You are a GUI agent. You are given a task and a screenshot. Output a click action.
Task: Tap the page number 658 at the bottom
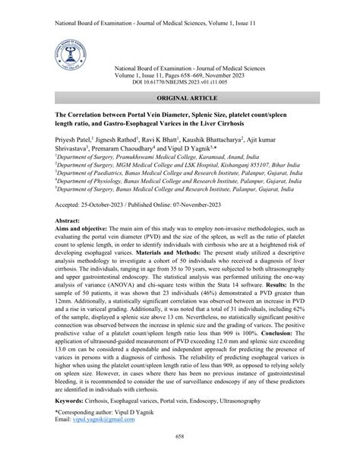coord(180,458)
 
